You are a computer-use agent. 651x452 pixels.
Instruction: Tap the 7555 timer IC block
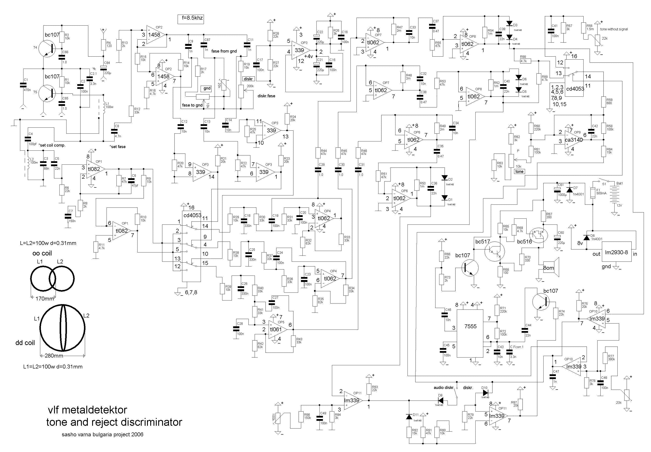[x=470, y=333]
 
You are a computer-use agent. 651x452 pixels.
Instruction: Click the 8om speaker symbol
[x=551, y=267]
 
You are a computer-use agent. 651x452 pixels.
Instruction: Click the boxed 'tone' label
[x=519, y=172]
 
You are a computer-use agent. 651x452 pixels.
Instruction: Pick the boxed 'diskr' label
[x=248, y=79]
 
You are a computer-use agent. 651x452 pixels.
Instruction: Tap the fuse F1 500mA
[x=593, y=193]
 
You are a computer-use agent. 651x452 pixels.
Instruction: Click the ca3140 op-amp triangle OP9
[x=573, y=140]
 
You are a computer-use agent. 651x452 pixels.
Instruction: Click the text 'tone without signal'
[x=614, y=29]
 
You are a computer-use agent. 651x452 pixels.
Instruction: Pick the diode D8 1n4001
[x=587, y=238]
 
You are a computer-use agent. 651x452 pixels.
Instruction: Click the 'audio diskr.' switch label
[x=444, y=387]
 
